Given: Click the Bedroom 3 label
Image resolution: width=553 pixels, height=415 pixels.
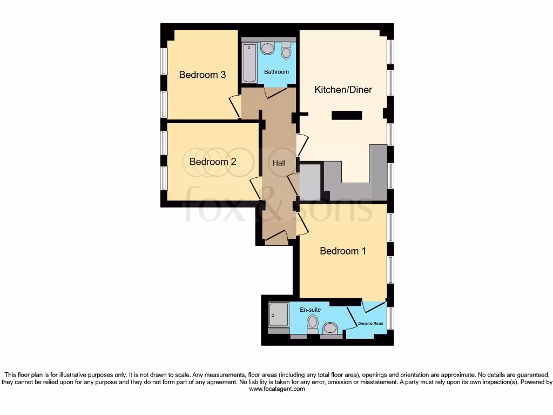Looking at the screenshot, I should coord(202,75).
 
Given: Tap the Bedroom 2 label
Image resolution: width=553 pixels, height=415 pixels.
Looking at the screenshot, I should coord(213,162).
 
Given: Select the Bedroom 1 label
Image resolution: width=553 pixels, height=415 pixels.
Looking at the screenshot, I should coord(343,251).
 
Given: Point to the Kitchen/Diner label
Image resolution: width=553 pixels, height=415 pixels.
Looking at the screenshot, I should coord(343,90).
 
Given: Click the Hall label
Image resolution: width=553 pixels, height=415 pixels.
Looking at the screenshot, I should coord(279,163).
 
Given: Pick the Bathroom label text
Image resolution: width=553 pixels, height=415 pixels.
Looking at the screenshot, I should coord(276,72).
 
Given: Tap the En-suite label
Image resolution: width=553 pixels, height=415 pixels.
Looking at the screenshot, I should coord(311,310).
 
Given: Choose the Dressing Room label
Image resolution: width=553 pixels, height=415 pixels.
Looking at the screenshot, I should coord(370,324).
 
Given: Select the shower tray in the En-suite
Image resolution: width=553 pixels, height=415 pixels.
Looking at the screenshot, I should coord(279,314).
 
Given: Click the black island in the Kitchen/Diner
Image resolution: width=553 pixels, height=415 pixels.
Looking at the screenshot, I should coord(347,115).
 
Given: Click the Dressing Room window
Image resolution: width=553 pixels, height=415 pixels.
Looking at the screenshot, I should coord(390,318).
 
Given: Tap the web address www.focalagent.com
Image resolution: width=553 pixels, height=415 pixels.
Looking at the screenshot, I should coord(276,389).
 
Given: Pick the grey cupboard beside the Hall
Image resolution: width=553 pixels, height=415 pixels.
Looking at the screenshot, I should coord(310,182).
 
